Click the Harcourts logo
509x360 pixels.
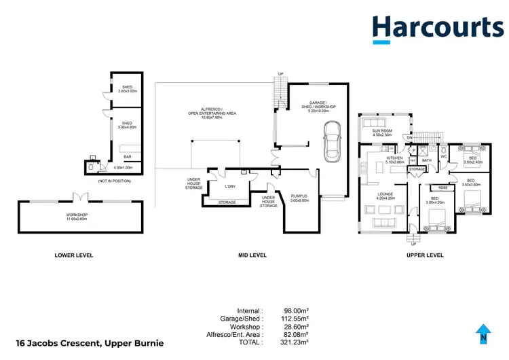(437, 28)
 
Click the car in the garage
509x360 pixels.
(332, 141)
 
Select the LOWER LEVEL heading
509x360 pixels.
(73, 255)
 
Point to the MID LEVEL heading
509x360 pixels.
(252, 255)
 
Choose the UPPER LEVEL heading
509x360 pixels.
(425, 255)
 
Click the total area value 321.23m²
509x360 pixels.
(297, 343)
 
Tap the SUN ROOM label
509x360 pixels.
(383, 132)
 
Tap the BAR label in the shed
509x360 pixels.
(126, 157)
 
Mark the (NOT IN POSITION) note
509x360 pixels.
(113, 181)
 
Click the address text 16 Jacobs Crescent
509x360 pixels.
(88, 343)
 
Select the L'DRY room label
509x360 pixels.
(230, 186)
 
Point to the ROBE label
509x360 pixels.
(442, 187)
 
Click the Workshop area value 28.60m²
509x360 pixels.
(297, 326)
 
